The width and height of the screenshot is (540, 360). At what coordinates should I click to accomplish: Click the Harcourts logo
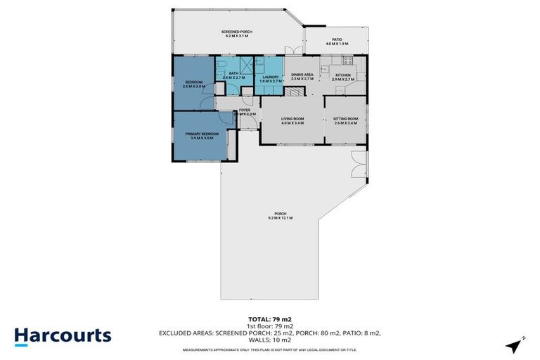coord(62,335)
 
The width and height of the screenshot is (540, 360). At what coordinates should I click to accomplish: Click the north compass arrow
coord(515,344)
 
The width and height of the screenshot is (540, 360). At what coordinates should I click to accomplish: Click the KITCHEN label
coord(342,75)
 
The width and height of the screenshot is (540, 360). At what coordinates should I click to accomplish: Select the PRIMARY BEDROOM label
coord(202,134)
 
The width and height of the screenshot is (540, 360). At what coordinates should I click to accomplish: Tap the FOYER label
coord(245,110)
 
